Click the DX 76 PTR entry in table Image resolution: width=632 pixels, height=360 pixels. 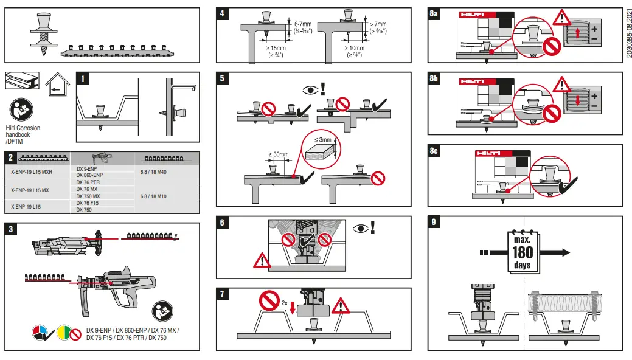point(89,182)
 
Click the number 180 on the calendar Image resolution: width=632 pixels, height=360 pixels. point(522,252)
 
